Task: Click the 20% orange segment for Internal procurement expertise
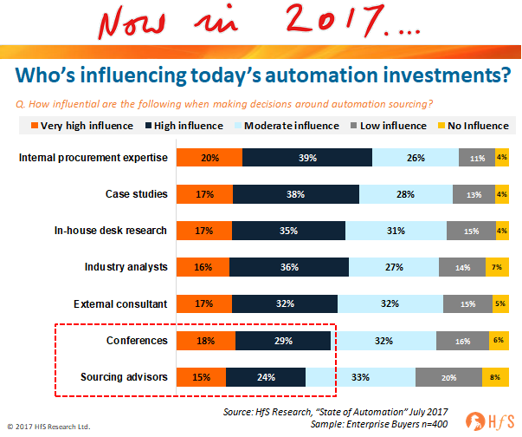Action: click(x=209, y=158)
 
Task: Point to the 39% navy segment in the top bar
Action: click(x=306, y=158)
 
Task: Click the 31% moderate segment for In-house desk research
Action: click(x=396, y=231)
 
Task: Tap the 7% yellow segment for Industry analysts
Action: click(x=497, y=267)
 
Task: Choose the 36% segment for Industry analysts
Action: click(x=288, y=267)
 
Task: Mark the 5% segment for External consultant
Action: click(x=499, y=303)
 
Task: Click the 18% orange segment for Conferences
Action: click(x=206, y=341)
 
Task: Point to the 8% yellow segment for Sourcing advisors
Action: click(x=494, y=377)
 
